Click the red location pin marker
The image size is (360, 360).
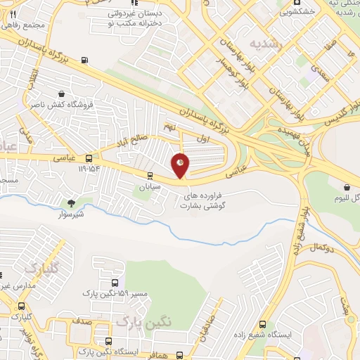181,165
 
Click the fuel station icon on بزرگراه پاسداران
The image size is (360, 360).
85,60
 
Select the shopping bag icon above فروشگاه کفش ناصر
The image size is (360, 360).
62,94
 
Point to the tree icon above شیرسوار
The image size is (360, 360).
70,202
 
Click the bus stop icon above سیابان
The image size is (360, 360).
149,176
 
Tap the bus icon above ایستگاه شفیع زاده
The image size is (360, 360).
262,325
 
